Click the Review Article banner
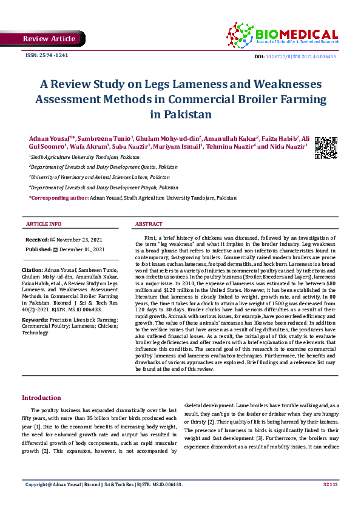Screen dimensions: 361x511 49,39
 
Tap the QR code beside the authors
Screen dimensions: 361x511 325,148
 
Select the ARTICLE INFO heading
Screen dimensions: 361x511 44,225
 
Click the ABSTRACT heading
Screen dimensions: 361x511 149,225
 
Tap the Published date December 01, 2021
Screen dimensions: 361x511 83,249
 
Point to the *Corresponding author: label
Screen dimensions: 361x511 58,198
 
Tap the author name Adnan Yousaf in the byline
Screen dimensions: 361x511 48,138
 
